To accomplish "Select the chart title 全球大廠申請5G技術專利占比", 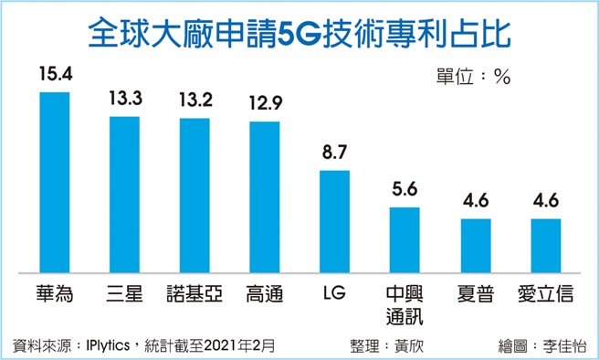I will [x=299, y=34].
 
